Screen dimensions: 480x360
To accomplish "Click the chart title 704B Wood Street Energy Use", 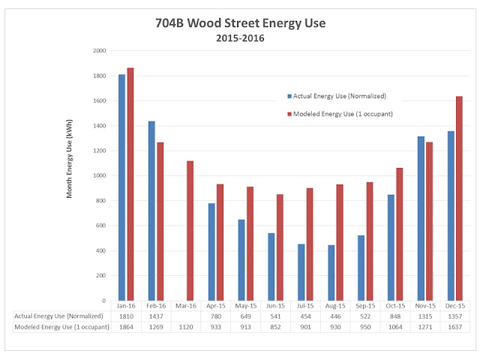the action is click(x=240, y=23).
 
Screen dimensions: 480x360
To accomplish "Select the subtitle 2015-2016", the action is click(x=240, y=38).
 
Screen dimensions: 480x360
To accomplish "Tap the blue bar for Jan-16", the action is click(x=121, y=187).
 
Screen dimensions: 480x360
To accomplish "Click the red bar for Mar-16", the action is click(x=190, y=231).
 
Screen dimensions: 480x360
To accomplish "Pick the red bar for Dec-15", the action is click(x=459, y=198).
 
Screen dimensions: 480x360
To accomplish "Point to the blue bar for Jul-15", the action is click(x=301, y=272).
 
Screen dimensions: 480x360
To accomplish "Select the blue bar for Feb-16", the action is click(x=151, y=211).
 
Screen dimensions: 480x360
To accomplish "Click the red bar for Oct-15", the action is click(x=400, y=234).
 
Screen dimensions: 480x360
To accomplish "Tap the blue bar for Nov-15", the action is click(x=421, y=218).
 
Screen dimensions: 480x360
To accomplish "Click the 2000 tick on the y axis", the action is click(x=100, y=50).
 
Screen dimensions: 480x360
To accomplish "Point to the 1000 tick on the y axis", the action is click(x=100, y=175).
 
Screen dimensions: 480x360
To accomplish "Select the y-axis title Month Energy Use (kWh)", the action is click(x=69, y=159).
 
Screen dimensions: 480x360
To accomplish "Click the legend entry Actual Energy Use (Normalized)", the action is click(x=337, y=96).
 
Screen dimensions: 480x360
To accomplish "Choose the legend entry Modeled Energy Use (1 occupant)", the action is click(x=340, y=114).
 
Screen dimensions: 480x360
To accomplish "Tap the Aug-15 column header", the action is click(x=335, y=306).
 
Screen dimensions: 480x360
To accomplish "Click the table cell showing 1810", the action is click(x=126, y=316).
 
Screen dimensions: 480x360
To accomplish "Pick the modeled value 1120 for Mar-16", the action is click(x=186, y=327).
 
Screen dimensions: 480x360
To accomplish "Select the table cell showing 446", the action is click(x=335, y=316).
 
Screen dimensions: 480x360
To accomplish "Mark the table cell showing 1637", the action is click(x=455, y=327).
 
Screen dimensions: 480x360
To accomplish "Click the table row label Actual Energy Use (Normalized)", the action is click(x=58, y=316).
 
